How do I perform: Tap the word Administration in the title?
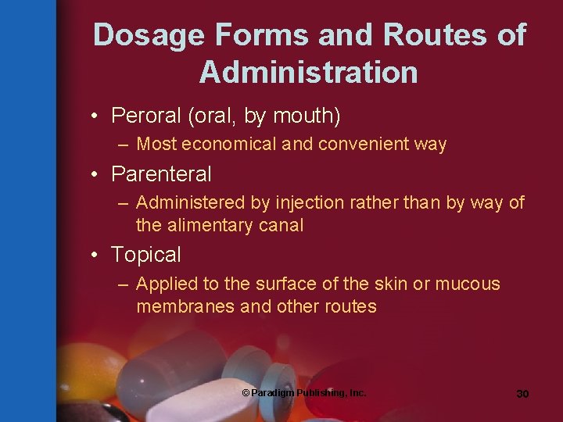coord(308,72)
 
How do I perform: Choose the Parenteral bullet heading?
coord(161,173)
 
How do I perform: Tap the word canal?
coord(282,226)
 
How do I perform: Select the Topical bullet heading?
coord(146,255)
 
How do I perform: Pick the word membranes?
coord(186,306)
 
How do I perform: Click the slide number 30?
coord(522,394)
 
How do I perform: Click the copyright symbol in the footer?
coord(246,392)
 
